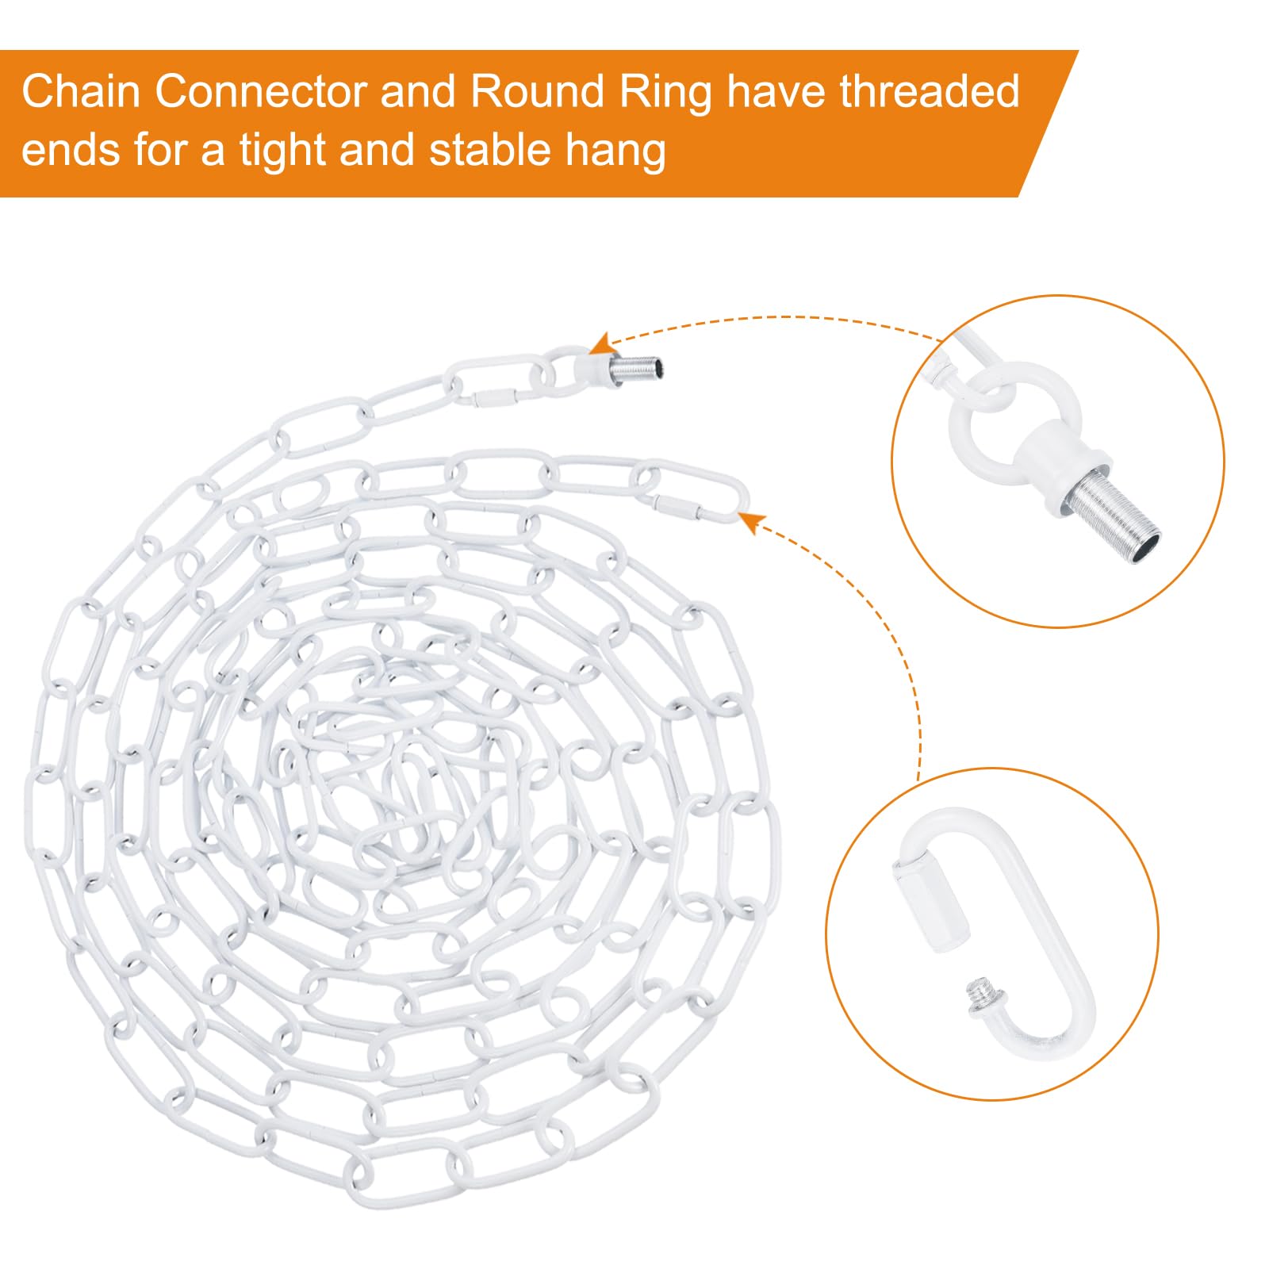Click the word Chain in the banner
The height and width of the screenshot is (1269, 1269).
81,92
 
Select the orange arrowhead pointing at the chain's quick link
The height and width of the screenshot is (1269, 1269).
751,521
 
